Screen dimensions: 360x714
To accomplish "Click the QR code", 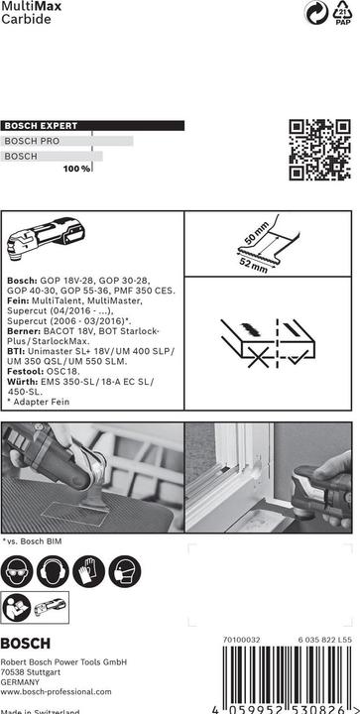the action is point(320,150).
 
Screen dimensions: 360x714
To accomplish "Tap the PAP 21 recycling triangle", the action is point(343,12).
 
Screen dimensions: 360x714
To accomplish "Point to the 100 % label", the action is point(77,169).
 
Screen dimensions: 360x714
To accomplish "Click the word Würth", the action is point(22,382).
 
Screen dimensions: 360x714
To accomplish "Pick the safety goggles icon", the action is point(17,571).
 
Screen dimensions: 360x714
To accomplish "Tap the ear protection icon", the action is point(53,571).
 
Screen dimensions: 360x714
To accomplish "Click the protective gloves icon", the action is point(88,571).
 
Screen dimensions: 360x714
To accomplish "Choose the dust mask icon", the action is point(124,571).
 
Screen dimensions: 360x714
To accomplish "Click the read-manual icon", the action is point(17,608).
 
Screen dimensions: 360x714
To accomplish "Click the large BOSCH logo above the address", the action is point(26,644).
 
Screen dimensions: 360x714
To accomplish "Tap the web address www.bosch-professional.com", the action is point(56,692).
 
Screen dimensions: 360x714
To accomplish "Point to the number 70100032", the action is point(241,640).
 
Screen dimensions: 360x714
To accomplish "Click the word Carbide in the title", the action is point(26,19).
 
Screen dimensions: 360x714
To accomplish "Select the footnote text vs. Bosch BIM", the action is point(32,541).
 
